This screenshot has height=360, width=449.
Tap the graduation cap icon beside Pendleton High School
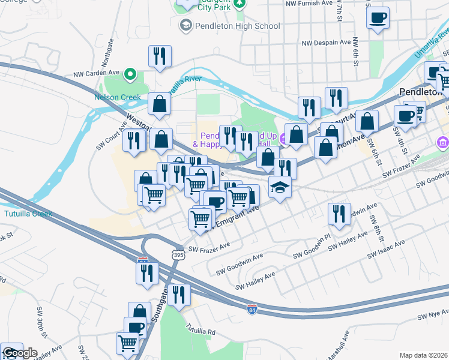point(186,25)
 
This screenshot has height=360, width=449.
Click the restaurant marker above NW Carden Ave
point(160,56)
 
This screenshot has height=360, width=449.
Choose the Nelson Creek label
point(117,97)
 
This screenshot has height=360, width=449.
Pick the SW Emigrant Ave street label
point(233,219)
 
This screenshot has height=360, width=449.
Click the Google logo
point(20,353)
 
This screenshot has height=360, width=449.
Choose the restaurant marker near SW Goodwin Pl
point(339,214)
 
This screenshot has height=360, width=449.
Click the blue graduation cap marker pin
point(280,187)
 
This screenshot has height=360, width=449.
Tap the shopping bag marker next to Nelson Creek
point(160,103)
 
